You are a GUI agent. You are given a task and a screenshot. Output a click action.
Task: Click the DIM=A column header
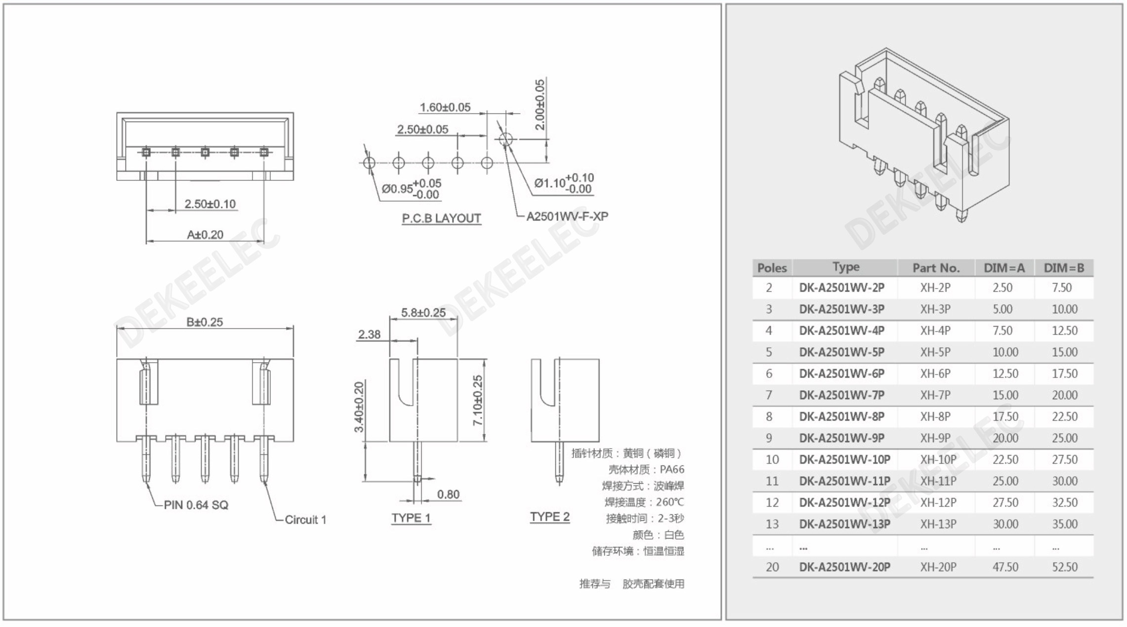(x=1004, y=268)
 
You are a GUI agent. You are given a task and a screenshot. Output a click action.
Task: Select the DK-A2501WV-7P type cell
(x=841, y=395)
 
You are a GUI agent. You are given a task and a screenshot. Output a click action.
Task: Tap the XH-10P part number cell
(x=938, y=460)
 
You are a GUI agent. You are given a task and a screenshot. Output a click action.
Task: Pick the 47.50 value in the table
(x=1005, y=567)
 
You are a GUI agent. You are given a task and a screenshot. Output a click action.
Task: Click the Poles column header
(x=772, y=268)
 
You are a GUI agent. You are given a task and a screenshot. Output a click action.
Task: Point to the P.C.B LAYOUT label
(x=441, y=218)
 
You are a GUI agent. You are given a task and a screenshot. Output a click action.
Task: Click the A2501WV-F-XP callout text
(x=567, y=216)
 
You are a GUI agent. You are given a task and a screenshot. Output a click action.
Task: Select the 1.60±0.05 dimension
(x=445, y=107)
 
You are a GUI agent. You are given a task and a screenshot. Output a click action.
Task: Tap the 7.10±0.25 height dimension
(x=478, y=400)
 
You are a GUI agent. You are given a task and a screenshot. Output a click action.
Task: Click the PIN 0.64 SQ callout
(x=196, y=505)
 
